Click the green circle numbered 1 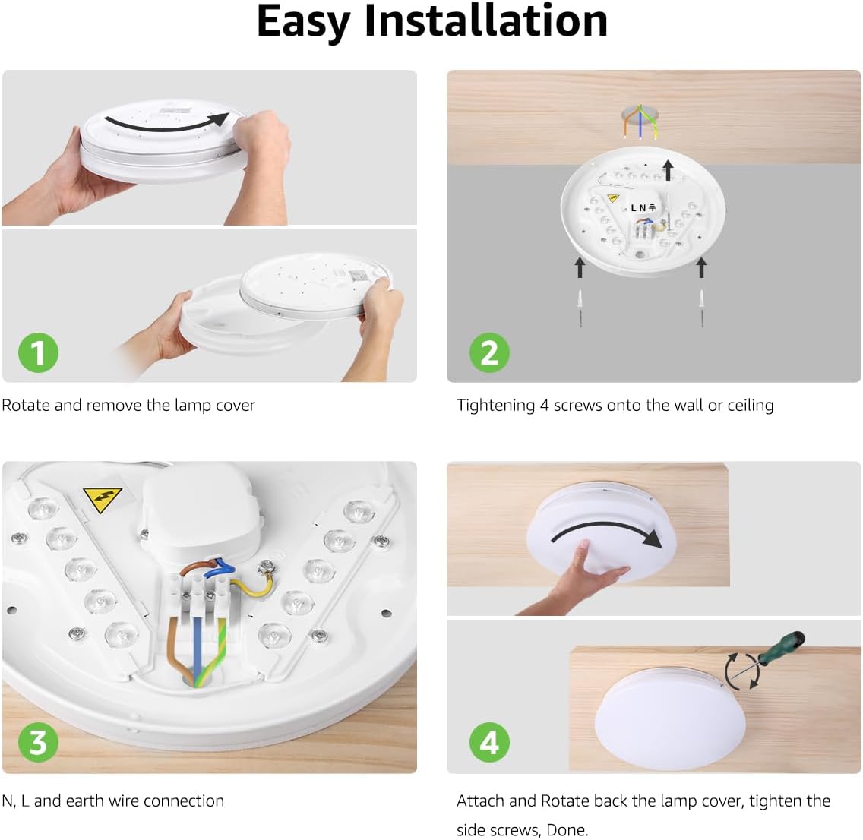click(38, 352)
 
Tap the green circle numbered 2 click(489, 352)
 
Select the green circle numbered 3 click(38, 742)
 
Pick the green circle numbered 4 click(489, 742)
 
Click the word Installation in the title click(486, 21)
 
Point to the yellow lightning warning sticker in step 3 click(103, 499)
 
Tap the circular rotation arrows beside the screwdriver click(741, 671)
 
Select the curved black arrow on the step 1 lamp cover click(167, 122)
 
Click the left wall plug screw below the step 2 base click(580, 308)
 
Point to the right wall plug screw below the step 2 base click(702, 308)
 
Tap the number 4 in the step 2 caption click(544, 406)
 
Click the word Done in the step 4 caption click(567, 830)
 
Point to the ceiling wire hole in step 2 click(640, 117)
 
